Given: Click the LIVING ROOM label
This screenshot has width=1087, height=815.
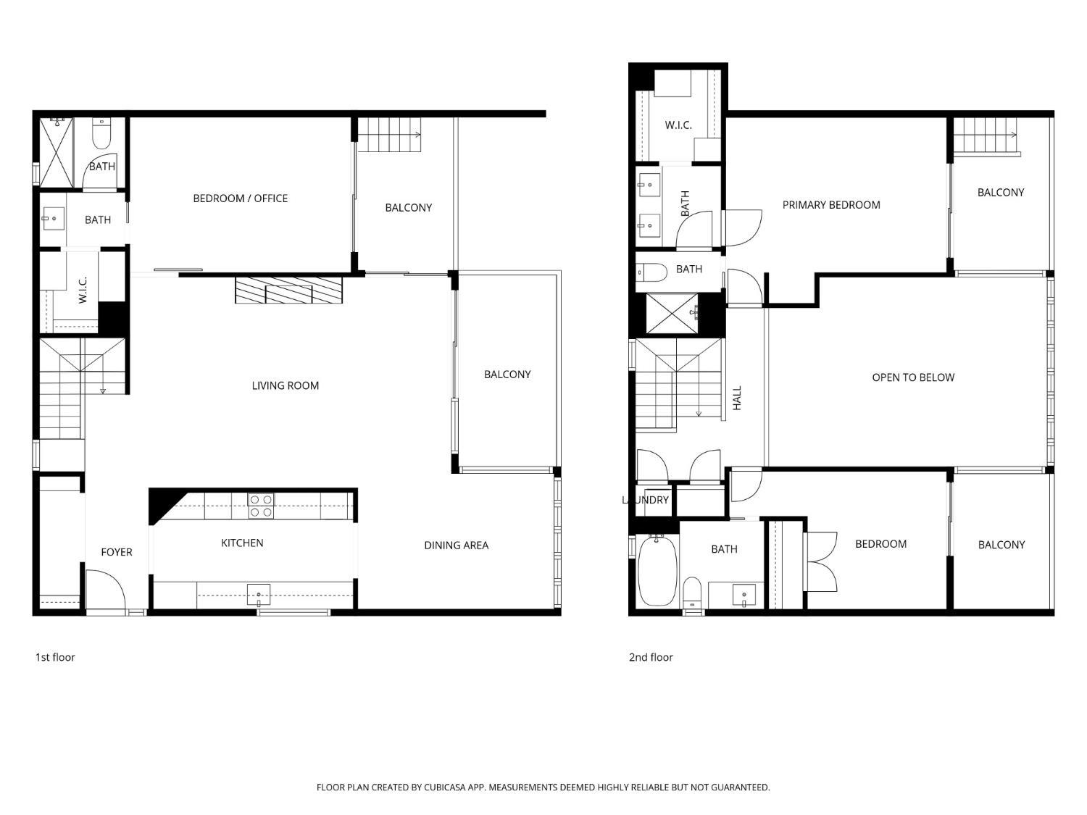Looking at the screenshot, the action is click(x=286, y=385).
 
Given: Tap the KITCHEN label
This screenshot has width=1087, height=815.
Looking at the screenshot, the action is click(x=242, y=543).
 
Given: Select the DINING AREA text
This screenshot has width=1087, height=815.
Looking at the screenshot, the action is click(x=456, y=546).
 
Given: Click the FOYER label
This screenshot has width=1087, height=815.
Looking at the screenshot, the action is click(x=117, y=552).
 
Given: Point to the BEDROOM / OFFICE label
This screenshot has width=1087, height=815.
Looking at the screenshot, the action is click(x=240, y=198).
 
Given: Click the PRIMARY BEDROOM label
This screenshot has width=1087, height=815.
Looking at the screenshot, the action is click(x=831, y=205).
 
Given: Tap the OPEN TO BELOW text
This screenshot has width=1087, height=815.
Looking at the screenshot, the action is click(x=913, y=377).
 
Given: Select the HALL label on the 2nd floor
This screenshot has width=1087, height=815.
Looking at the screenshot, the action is click(x=737, y=398).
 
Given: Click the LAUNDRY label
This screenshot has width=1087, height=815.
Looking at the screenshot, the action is click(x=645, y=500).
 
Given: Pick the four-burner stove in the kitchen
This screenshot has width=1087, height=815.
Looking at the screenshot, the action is click(x=260, y=506).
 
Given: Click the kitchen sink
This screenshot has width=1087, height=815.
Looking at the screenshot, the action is click(x=259, y=594).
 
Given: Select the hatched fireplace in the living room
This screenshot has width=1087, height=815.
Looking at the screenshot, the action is click(x=288, y=290).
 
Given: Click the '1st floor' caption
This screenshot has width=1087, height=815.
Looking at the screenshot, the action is click(x=55, y=657).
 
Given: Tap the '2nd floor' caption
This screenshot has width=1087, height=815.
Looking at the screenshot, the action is click(x=651, y=657).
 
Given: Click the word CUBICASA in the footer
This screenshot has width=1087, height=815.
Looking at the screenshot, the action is click(x=445, y=787).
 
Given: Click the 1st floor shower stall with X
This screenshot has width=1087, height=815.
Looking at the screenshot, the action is click(x=56, y=152).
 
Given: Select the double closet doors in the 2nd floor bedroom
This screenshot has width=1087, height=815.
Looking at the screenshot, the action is click(x=821, y=561).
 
